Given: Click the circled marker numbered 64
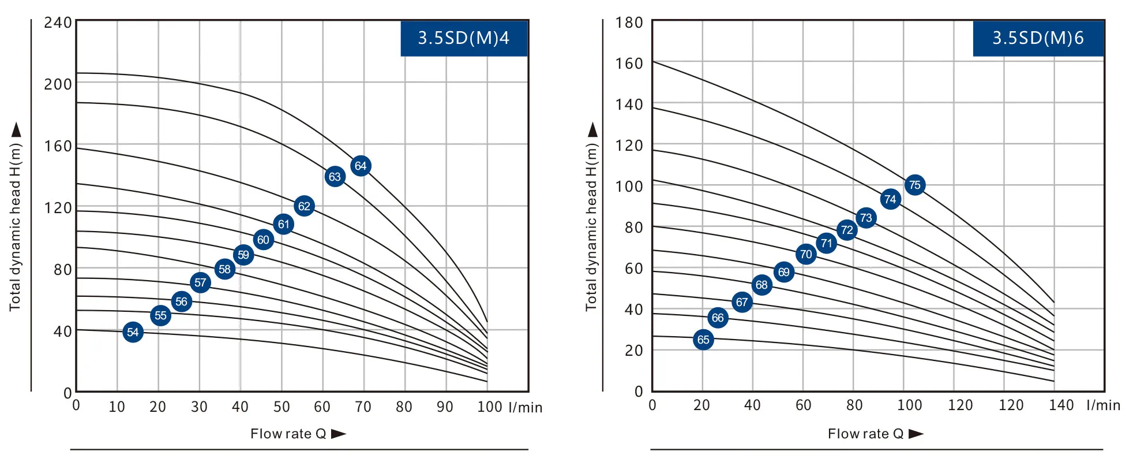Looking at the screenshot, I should click(x=361, y=166).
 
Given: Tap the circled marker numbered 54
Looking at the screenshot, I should click(x=133, y=332).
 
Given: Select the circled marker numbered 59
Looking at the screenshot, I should click(x=243, y=255).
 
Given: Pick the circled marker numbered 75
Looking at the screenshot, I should click(x=915, y=185).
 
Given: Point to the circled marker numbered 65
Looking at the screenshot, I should click(x=703, y=340).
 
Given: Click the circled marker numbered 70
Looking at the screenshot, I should click(x=806, y=254).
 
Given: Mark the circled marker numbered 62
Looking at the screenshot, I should click(x=304, y=206).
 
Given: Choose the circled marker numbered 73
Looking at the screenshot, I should click(x=866, y=218).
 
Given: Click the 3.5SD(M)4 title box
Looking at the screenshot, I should click(x=464, y=38).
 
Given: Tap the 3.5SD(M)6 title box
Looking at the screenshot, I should click(x=1038, y=38).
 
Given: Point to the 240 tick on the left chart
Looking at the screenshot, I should click(x=58, y=23).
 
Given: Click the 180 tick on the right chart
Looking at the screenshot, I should click(x=629, y=23).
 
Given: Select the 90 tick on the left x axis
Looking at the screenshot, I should click(x=445, y=407).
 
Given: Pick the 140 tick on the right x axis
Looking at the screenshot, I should click(x=1061, y=405).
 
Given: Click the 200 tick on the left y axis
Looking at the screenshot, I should click(x=58, y=84).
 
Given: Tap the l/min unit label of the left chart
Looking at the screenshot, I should click(x=526, y=408).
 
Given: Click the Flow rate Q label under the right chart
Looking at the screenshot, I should click(x=865, y=434).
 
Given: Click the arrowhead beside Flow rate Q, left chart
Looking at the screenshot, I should click(x=339, y=434).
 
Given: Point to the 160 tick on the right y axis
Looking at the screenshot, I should click(x=629, y=64).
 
